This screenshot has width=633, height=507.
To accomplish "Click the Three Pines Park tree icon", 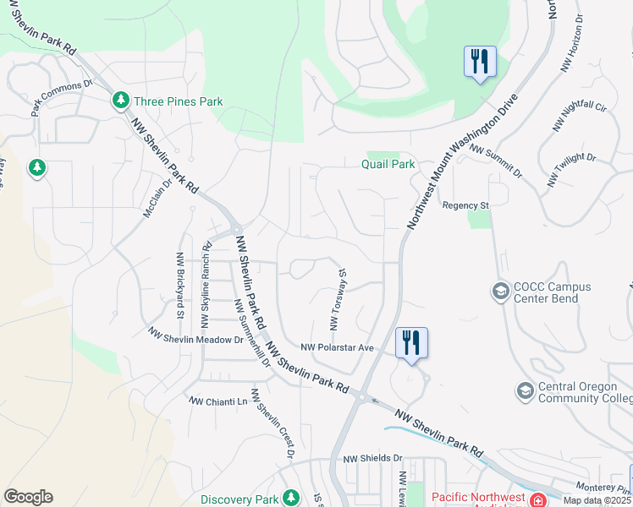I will coord(121,101).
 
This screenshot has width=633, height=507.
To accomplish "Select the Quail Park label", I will coord(388,164).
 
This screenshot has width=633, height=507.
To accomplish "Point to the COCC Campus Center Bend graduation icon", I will coord(500,292).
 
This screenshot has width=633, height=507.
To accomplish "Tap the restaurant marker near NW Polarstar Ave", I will coord(411,344).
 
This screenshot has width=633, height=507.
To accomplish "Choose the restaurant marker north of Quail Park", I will coord(479,62).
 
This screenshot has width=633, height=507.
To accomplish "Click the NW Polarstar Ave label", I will coord(338,347).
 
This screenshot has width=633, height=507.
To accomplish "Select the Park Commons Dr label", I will coord(62,98).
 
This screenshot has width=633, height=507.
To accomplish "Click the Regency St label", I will coord(466,205).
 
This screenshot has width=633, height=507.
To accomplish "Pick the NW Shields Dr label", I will coord(372,459).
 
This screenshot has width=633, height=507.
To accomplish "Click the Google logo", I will coord(28,497).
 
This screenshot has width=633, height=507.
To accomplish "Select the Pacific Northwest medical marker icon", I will coord(537,499).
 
